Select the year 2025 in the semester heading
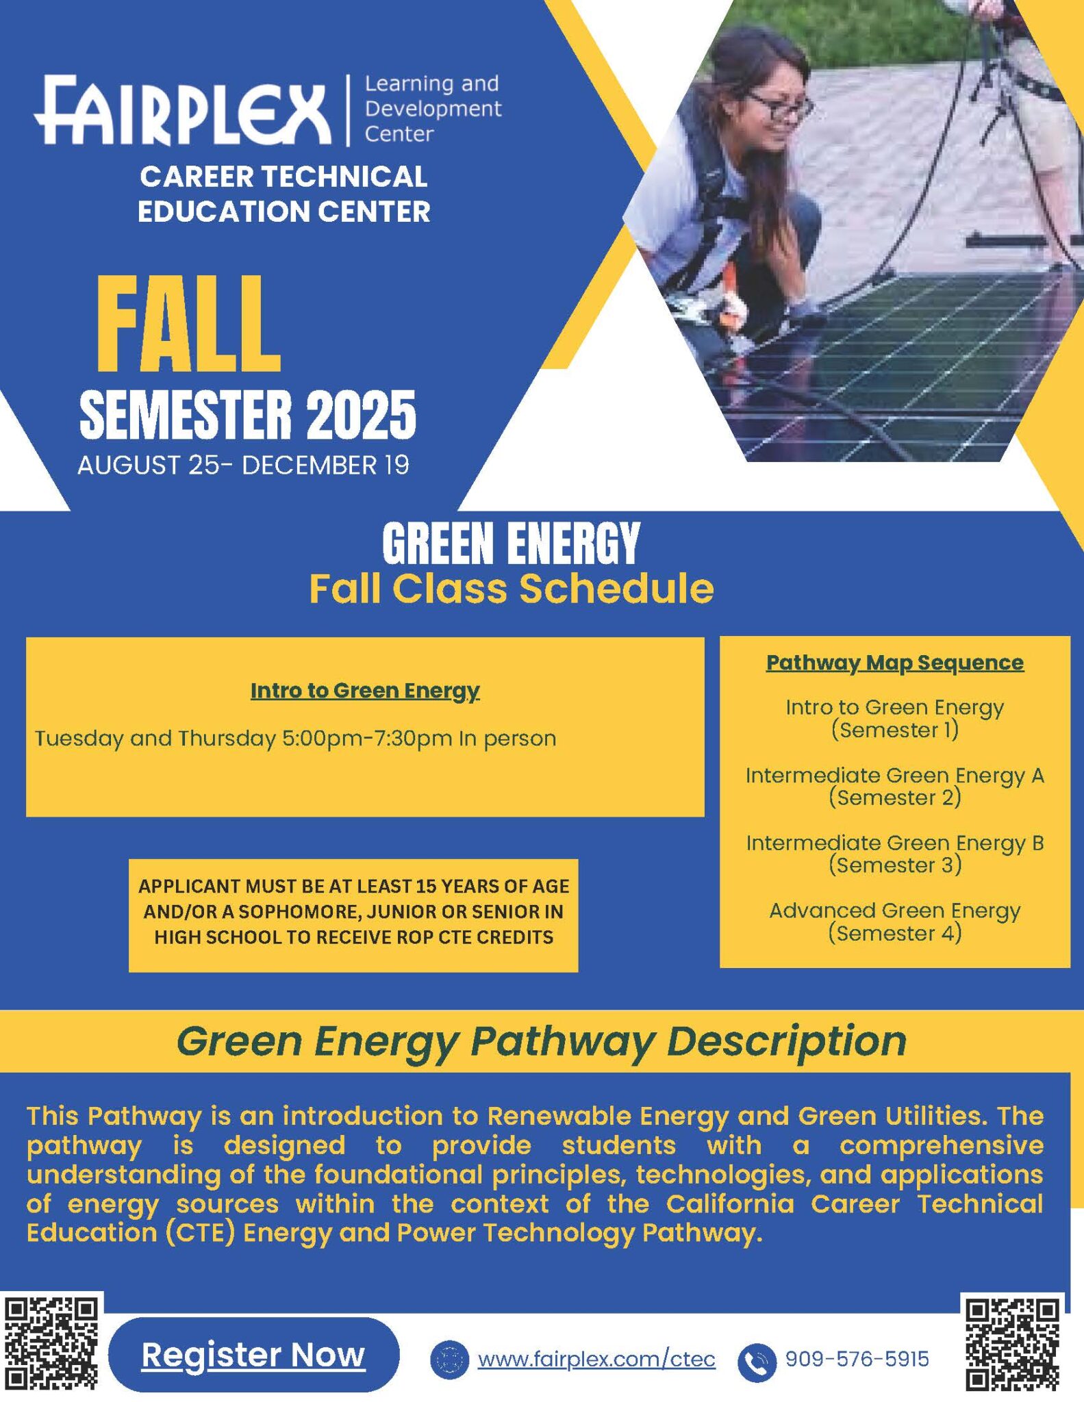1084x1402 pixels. (x=361, y=416)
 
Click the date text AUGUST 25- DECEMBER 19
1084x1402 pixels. (x=243, y=466)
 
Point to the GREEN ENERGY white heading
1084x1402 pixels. (x=511, y=544)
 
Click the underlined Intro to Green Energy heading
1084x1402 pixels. (x=365, y=691)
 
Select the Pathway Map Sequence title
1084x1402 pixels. (x=895, y=663)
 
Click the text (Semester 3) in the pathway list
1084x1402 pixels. (x=895, y=865)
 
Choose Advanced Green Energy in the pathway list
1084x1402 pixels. (x=895, y=910)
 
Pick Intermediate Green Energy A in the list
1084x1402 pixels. (x=895, y=776)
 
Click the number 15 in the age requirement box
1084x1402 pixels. (x=426, y=887)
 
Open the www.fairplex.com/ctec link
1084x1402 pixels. (x=596, y=1359)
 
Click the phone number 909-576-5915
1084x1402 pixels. (x=857, y=1359)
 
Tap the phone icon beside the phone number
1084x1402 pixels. (x=757, y=1360)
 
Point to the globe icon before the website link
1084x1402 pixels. (x=449, y=1360)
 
